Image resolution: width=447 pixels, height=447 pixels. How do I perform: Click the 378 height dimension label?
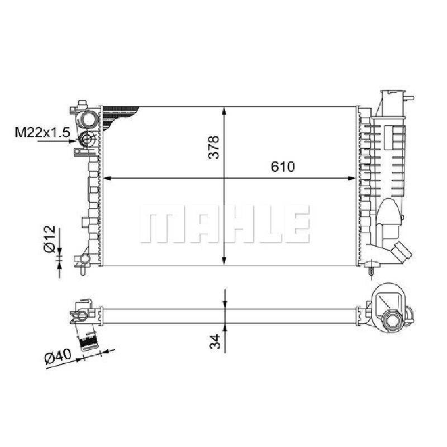pos(214,147)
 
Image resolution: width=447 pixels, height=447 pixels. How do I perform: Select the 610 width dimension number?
pos(283,167)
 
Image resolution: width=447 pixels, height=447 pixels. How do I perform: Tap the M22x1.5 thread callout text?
pos(42,132)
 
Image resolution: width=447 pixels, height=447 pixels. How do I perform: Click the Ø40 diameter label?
pos(58,356)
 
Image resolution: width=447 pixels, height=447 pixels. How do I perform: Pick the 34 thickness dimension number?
pos(215,341)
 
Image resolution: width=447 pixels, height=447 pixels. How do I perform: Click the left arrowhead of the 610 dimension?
pos(107,178)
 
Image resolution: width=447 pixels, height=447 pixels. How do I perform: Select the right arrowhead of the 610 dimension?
pos(351,178)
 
